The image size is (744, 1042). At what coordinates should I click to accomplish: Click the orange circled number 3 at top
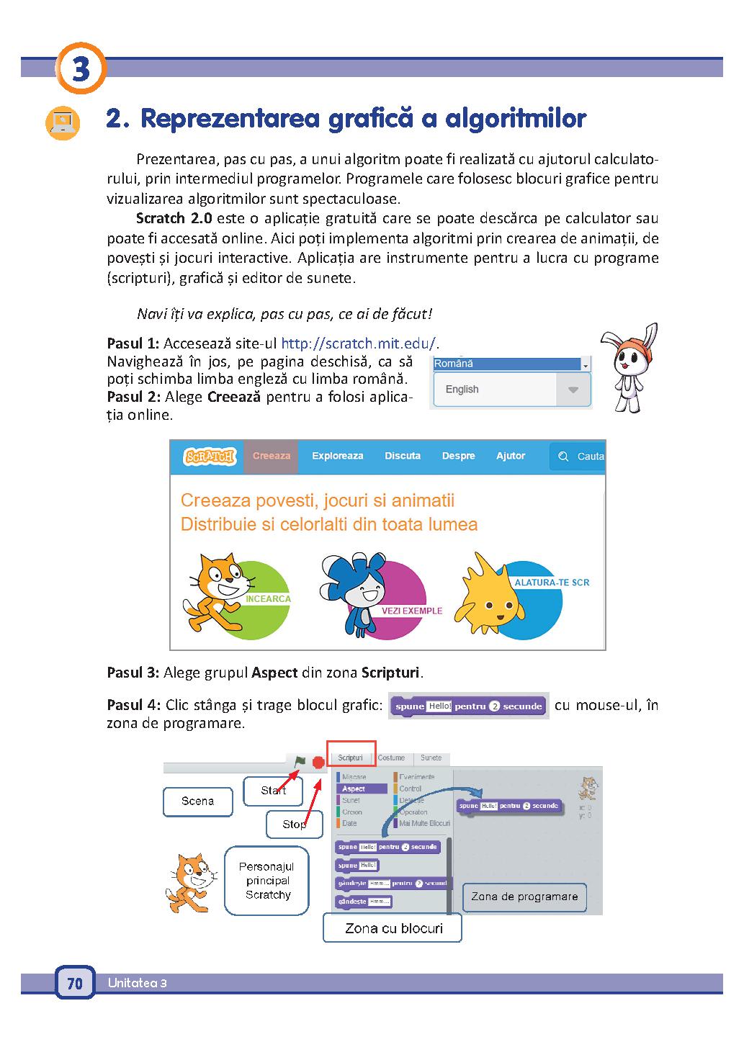click(x=81, y=69)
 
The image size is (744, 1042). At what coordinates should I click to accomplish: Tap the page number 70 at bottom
click(x=75, y=984)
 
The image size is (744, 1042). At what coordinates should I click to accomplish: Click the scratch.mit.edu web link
click(x=358, y=343)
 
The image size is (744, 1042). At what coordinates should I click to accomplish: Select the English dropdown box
click(x=511, y=390)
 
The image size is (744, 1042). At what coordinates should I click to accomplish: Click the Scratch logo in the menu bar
click(x=209, y=457)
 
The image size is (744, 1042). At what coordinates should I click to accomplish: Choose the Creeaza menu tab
click(x=272, y=456)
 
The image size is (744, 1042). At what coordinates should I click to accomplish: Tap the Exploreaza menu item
click(x=337, y=456)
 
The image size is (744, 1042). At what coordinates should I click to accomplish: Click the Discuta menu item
click(x=403, y=456)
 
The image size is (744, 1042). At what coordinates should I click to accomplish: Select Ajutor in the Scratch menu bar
click(x=511, y=456)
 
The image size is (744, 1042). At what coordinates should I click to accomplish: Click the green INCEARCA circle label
click(x=268, y=598)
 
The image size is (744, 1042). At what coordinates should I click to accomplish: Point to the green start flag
click(x=300, y=761)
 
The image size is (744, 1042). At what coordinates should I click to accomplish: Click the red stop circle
click(x=318, y=762)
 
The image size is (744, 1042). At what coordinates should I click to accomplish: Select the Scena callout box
click(x=198, y=801)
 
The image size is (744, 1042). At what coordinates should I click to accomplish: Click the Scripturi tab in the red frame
click(x=351, y=758)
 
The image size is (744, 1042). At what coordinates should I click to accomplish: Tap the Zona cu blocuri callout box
click(x=393, y=928)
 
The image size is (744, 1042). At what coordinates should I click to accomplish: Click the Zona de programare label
click(x=524, y=897)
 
